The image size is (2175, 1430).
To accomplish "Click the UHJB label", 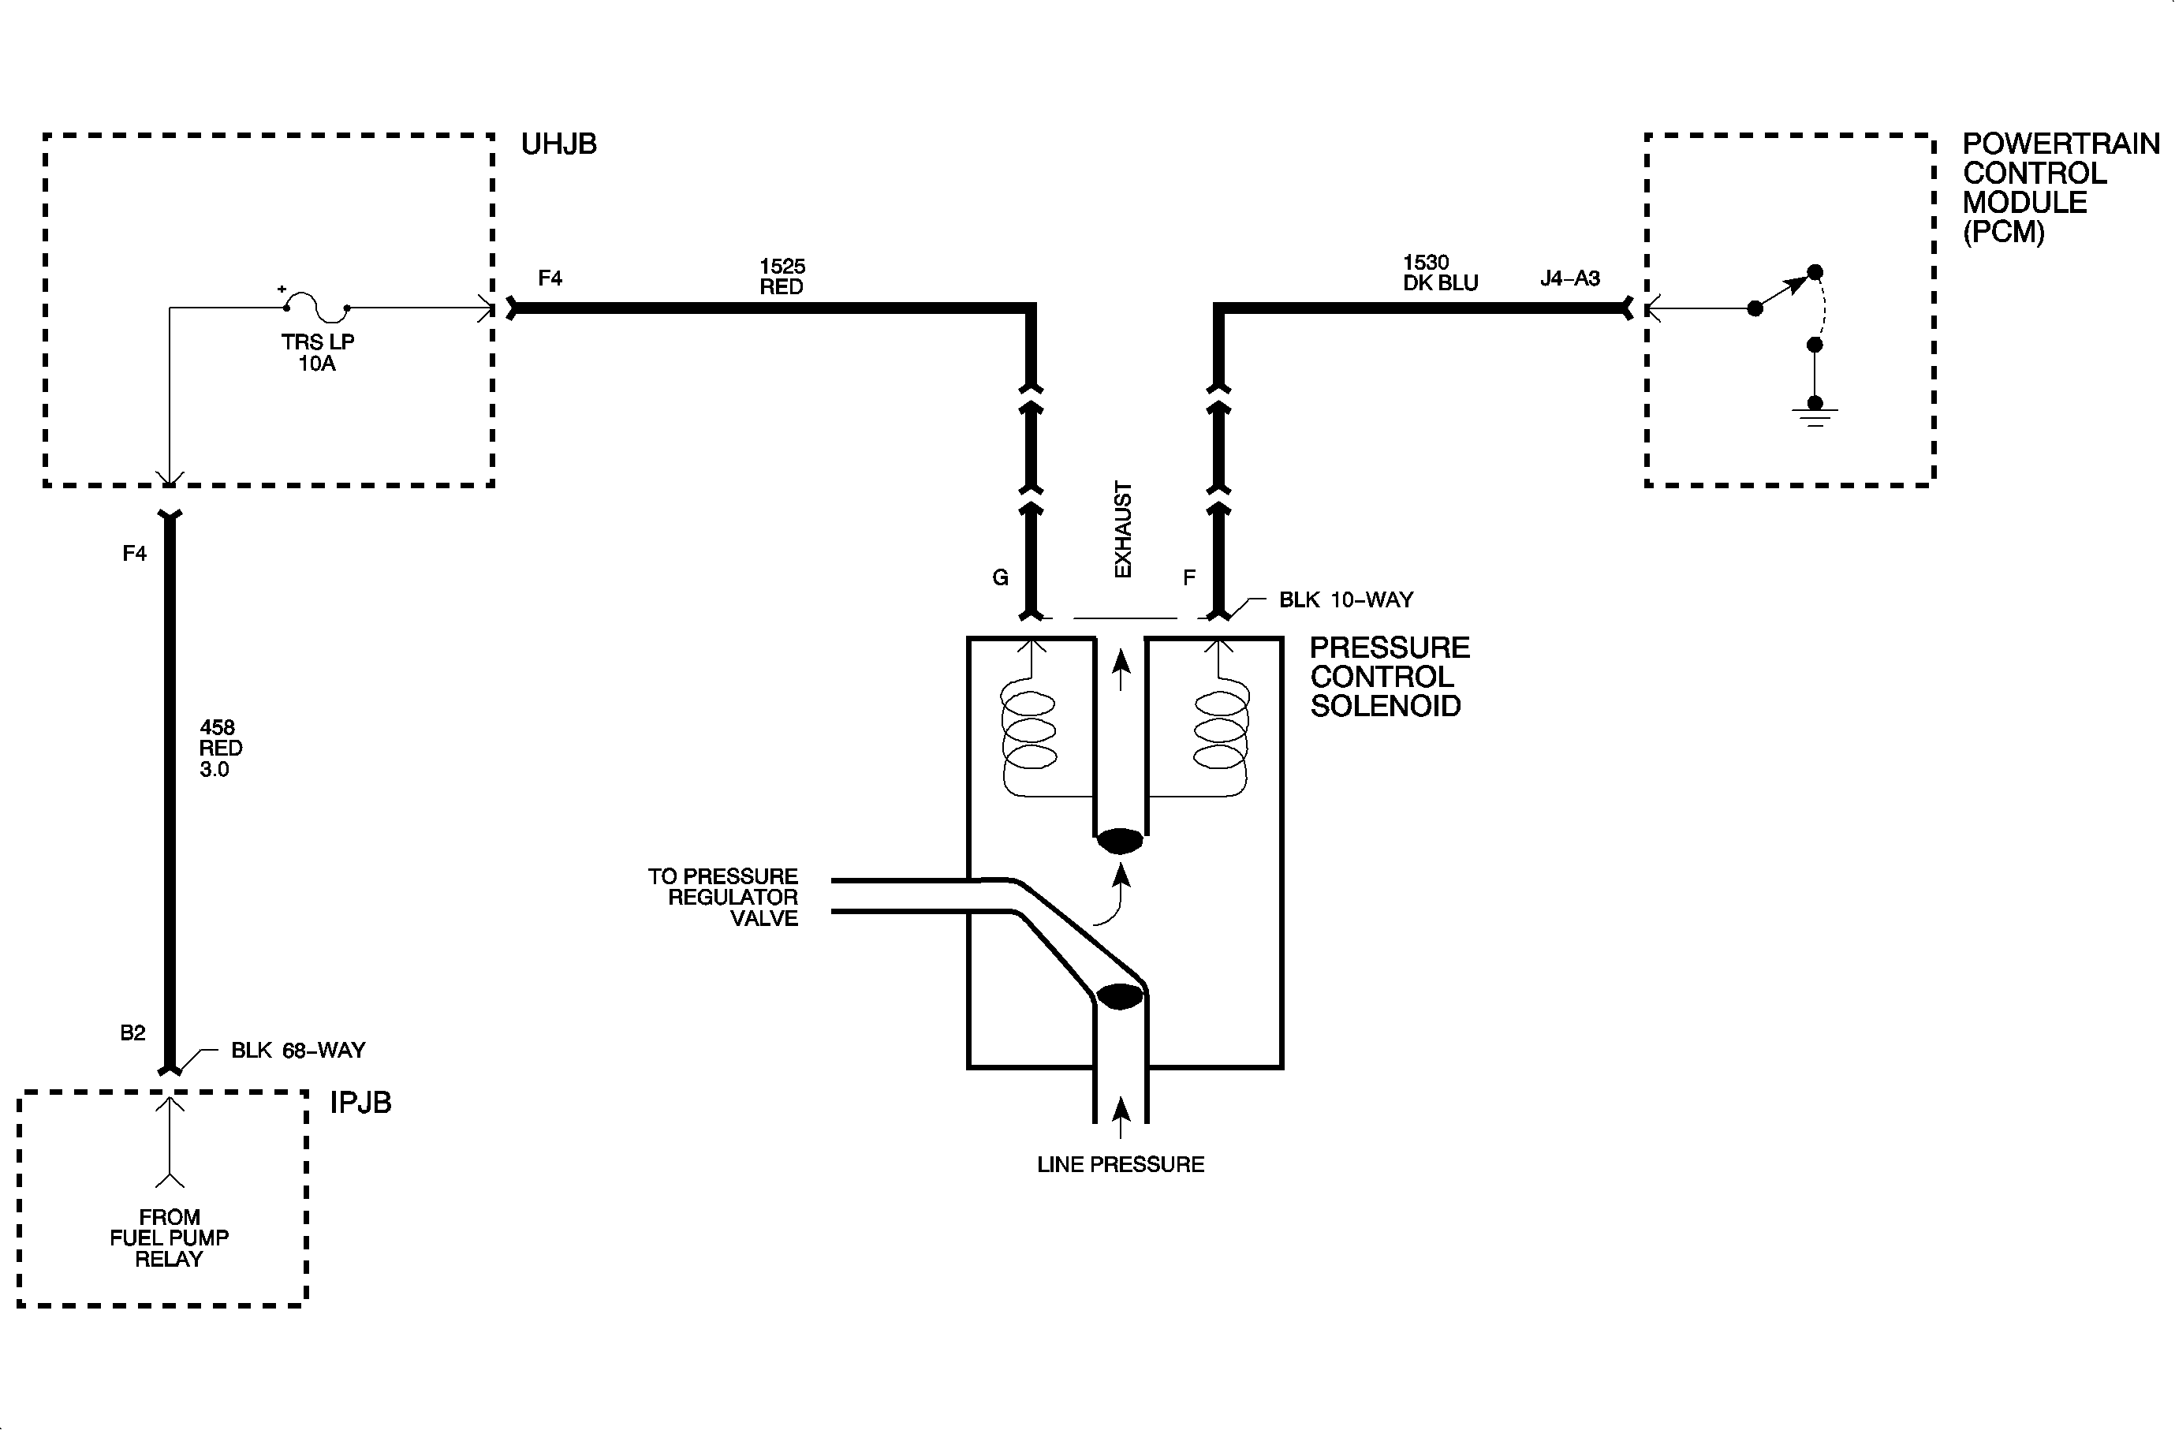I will pyautogui.click(x=558, y=144).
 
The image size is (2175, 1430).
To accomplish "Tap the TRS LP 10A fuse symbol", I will pyautogui.click(x=316, y=307).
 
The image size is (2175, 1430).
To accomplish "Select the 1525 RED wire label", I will pyautogui.click(x=782, y=276).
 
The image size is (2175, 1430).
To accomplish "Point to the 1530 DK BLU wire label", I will pyautogui.click(x=1440, y=273).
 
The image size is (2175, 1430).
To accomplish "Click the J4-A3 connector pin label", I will pyautogui.click(x=1570, y=278).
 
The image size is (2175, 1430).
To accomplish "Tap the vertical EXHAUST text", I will pyautogui.click(x=1123, y=529).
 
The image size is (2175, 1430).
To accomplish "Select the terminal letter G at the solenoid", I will pyautogui.click(x=1001, y=577).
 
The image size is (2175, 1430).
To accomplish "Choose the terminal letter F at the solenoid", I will pyautogui.click(x=1189, y=577).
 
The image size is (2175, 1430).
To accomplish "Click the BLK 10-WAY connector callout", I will pyautogui.click(x=1345, y=600).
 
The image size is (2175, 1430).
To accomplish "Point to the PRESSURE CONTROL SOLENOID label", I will pyautogui.click(x=1389, y=677).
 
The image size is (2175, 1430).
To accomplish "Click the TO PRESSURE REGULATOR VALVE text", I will pyautogui.click(x=723, y=898).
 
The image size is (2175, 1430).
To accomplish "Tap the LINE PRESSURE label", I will pyautogui.click(x=1121, y=1165).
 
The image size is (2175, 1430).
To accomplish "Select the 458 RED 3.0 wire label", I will pyautogui.click(x=220, y=749).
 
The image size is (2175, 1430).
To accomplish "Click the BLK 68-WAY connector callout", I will pyautogui.click(x=298, y=1051).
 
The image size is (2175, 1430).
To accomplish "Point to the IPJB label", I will pyautogui.click(x=360, y=1103).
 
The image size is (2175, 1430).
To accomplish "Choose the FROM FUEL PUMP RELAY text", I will pyautogui.click(x=169, y=1238).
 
